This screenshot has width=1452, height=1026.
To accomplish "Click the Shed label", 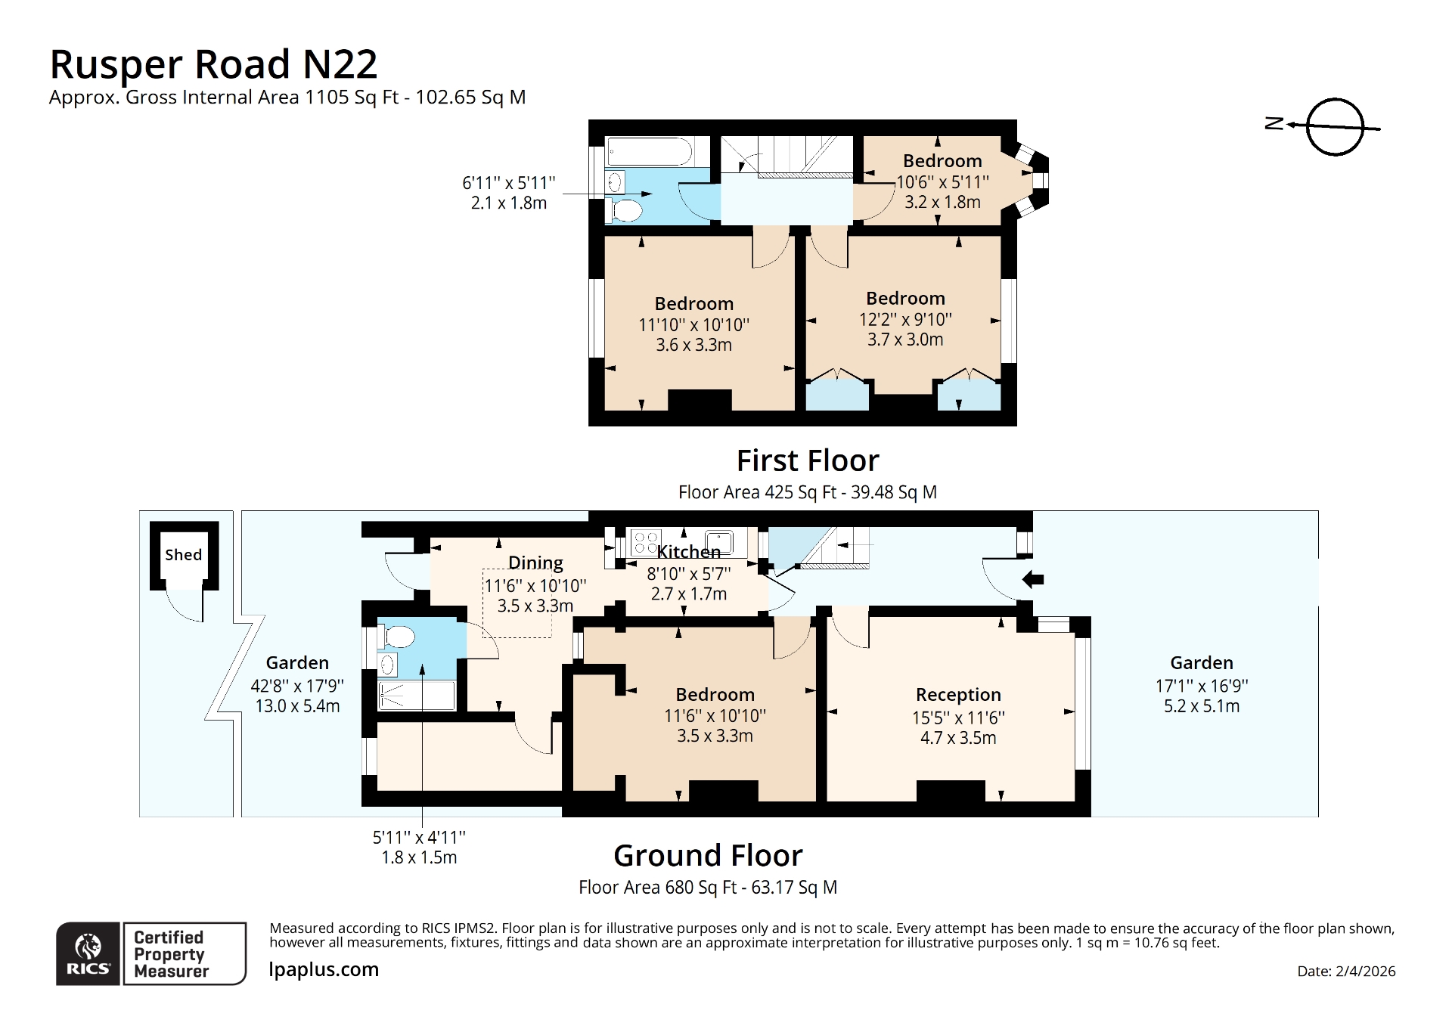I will (x=183, y=554).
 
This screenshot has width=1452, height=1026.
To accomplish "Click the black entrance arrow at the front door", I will (x=1033, y=580).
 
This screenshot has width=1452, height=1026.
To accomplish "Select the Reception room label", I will (x=957, y=694).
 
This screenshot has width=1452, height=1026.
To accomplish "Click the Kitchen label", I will (x=688, y=552).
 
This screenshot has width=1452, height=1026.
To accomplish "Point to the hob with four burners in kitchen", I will (x=645, y=542).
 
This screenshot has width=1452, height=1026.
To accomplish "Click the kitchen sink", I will (x=719, y=542).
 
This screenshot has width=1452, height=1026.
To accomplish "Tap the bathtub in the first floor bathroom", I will (x=649, y=152).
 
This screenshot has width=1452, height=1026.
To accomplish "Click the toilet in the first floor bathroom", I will (x=625, y=209).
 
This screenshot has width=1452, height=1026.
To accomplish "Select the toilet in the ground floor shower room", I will (x=397, y=637).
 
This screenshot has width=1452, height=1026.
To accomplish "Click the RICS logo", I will (x=88, y=953).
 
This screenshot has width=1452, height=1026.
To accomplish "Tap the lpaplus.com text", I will (x=324, y=969).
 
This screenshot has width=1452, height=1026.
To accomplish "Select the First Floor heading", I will (x=807, y=460).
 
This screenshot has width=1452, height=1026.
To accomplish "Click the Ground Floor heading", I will (x=708, y=856).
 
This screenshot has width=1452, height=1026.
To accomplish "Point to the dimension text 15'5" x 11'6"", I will (x=957, y=718).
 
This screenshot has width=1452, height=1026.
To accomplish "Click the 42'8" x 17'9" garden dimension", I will (x=297, y=686).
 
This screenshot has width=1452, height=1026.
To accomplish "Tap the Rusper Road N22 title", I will (x=213, y=64).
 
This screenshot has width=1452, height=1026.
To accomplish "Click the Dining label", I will (x=535, y=563).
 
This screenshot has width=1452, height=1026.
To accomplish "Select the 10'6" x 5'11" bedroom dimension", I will (x=942, y=182).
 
